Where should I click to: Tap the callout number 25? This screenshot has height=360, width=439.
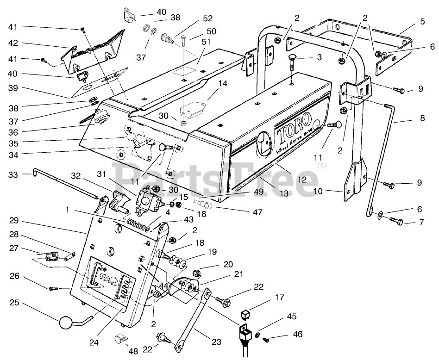(15, 303)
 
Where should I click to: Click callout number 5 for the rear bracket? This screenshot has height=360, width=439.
(422, 22)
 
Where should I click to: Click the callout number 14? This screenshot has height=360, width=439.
(222, 84)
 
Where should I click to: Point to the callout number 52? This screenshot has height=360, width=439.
(207, 19)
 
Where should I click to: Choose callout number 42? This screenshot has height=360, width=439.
(15, 43)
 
